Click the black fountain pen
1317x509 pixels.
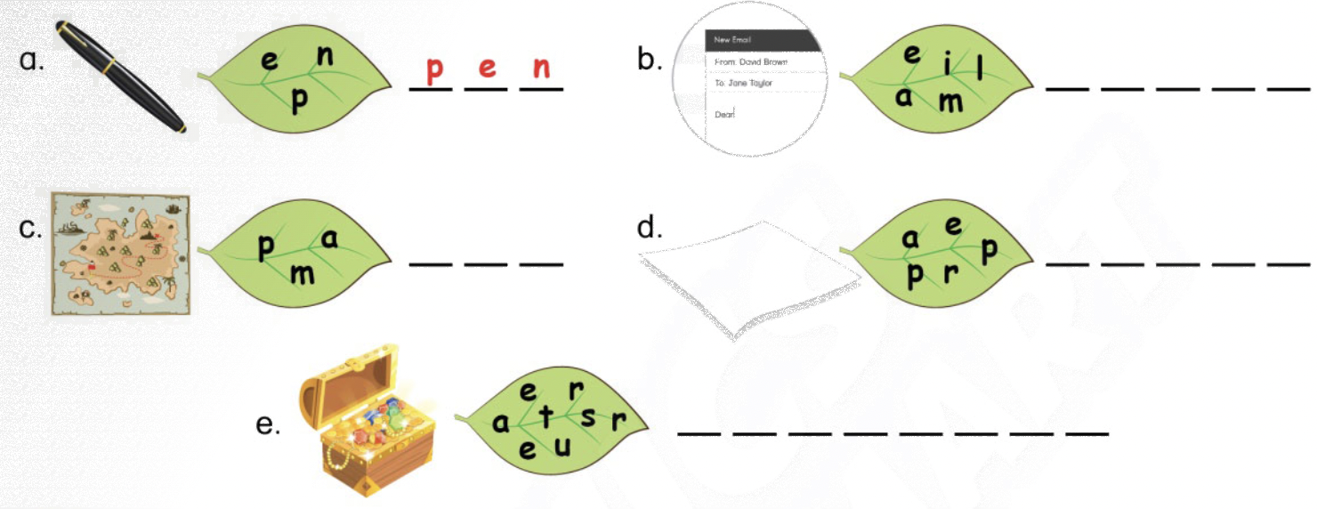(x=121, y=77)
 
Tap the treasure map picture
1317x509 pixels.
(x=120, y=254)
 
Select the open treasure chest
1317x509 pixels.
(x=368, y=420)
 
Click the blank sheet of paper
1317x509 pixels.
(x=749, y=279)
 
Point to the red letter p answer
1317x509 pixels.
(x=434, y=70)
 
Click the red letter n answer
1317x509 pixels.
(x=542, y=68)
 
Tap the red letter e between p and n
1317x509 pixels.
(x=487, y=68)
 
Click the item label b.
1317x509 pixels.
(x=649, y=60)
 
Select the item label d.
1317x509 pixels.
(x=649, y=227)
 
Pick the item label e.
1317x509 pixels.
(x=268, y=424)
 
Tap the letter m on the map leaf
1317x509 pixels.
(x=303, y=274)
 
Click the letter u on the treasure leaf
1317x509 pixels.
(x=562, y=446)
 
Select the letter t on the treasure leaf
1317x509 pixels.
(x=546, y=416)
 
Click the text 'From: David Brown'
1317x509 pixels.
(x=751, y=61)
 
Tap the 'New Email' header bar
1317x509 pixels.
(x=763, y=40)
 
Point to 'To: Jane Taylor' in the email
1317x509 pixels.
(x=743, y=83)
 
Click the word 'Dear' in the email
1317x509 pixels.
(x=724, y=114)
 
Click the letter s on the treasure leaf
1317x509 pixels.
(x=588, y=416)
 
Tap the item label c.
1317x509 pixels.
(x=30, y=228)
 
